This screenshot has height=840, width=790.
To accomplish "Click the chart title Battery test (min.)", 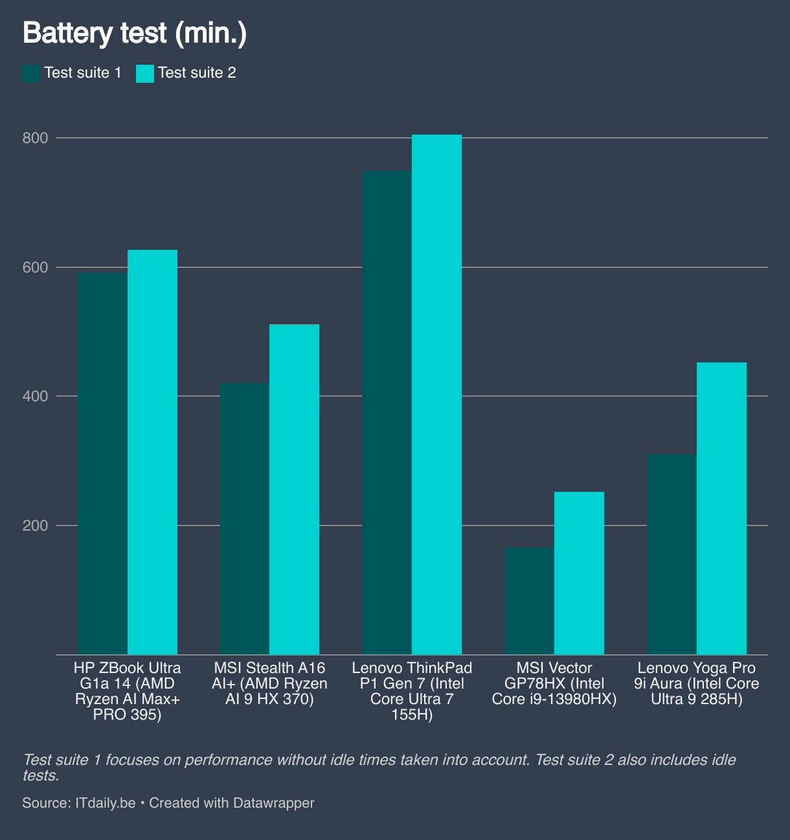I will pos(135,33).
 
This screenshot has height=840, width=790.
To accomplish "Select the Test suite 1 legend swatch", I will pos(31,73).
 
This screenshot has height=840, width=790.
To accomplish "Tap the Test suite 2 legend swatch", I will pos(145,73).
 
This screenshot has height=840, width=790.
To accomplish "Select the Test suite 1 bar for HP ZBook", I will pos(102,463).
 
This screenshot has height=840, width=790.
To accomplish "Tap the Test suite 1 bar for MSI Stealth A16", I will pos(245,518).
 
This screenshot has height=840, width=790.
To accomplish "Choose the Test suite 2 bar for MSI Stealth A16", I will pos(295,489).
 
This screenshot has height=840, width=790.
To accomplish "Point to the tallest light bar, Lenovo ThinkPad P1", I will pos(437,394).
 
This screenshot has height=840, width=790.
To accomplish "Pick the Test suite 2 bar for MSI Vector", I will pos(580,573).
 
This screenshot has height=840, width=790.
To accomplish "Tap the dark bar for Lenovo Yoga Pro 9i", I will pos(672,554).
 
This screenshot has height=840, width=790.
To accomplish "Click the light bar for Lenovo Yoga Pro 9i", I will pos(722,508).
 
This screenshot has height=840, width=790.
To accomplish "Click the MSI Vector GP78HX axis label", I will pos(554,683).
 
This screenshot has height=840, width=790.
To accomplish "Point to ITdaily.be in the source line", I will pos(106,803).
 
